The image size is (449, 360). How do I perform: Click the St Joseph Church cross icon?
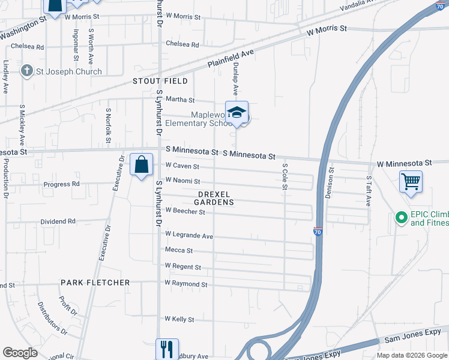pyautogui.click(x=26, y=71)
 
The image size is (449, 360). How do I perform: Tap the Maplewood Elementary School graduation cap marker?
pyautogui.click(x=238, y=112)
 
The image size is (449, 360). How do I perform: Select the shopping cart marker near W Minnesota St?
pyautogui.click(x=411, y=181)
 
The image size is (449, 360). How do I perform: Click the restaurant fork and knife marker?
pyautogui.click(x=167, y=349)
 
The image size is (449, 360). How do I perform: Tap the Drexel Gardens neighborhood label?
pyautogui.click(x=216, y=198)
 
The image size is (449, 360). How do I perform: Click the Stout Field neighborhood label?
pyautogui.click(x=160, y=81)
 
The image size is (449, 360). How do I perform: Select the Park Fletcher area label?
pyautogui.click(x=95, y=282)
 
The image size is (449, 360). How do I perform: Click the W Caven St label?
pyautogui.click(x=182, y=166)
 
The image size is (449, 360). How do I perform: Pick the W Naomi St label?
pyautogui.click(x=182, y=181)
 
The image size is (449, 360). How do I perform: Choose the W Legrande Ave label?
pyautogui.click(x=189, y=236)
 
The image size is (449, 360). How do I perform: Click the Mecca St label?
pyautogui.click(x=179, y=250)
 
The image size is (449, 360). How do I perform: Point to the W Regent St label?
pyautogui.click(x=182, y=266)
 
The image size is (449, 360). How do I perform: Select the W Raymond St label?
pyautogui.click(x=186, y=284)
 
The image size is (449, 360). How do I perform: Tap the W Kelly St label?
pyautogui.click(x=179, y=320)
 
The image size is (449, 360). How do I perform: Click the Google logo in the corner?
pyautogui.click(x=20, y=353)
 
